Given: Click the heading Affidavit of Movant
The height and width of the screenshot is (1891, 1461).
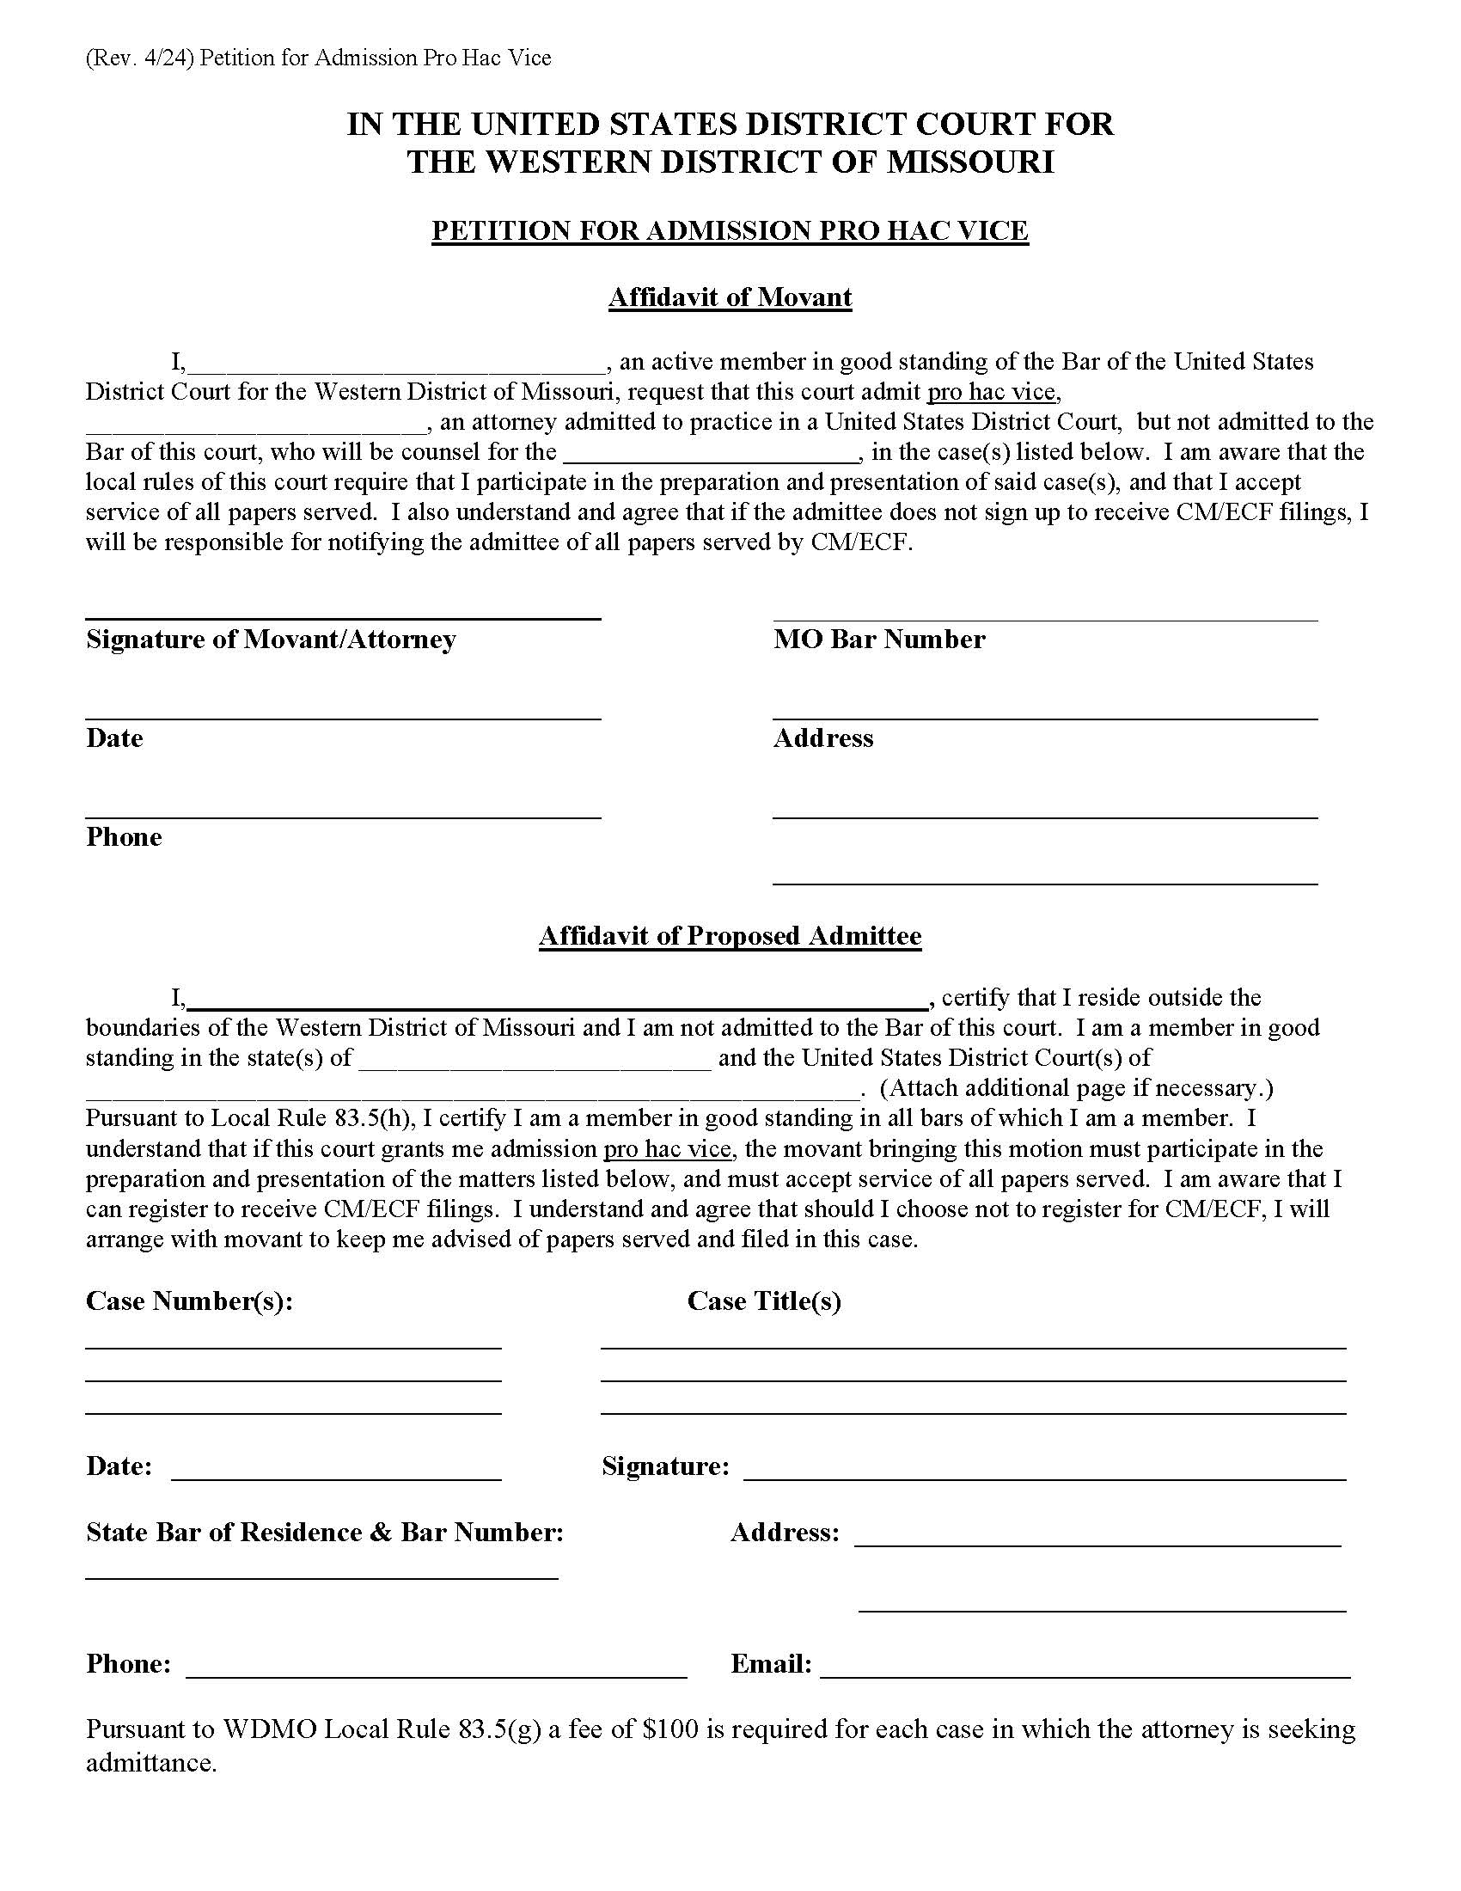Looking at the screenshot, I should (730, 297).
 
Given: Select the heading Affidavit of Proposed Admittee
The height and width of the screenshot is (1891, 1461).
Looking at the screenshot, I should (730, 935).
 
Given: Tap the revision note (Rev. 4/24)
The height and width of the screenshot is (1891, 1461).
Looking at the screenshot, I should (139, 58).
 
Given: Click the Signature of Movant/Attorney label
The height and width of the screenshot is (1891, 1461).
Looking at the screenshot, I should (270, 639).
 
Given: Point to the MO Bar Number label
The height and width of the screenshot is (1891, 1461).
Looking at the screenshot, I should (878, 639).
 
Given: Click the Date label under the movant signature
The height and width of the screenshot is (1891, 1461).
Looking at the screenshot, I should (114, 737).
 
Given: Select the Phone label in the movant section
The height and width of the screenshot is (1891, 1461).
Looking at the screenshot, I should (124, 836).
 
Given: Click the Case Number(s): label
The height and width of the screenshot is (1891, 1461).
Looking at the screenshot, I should (189, 1300).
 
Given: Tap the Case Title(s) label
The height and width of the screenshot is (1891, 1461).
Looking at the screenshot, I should (763, 1300).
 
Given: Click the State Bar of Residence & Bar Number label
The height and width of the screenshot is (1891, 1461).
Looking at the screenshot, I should (325, 1533).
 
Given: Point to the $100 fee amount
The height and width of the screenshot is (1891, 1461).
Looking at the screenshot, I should (671, 1729).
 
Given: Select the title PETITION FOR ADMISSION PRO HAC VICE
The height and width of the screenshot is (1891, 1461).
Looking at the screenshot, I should (730, 230).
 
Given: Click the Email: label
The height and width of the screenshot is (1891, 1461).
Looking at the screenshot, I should (770, 1664).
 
